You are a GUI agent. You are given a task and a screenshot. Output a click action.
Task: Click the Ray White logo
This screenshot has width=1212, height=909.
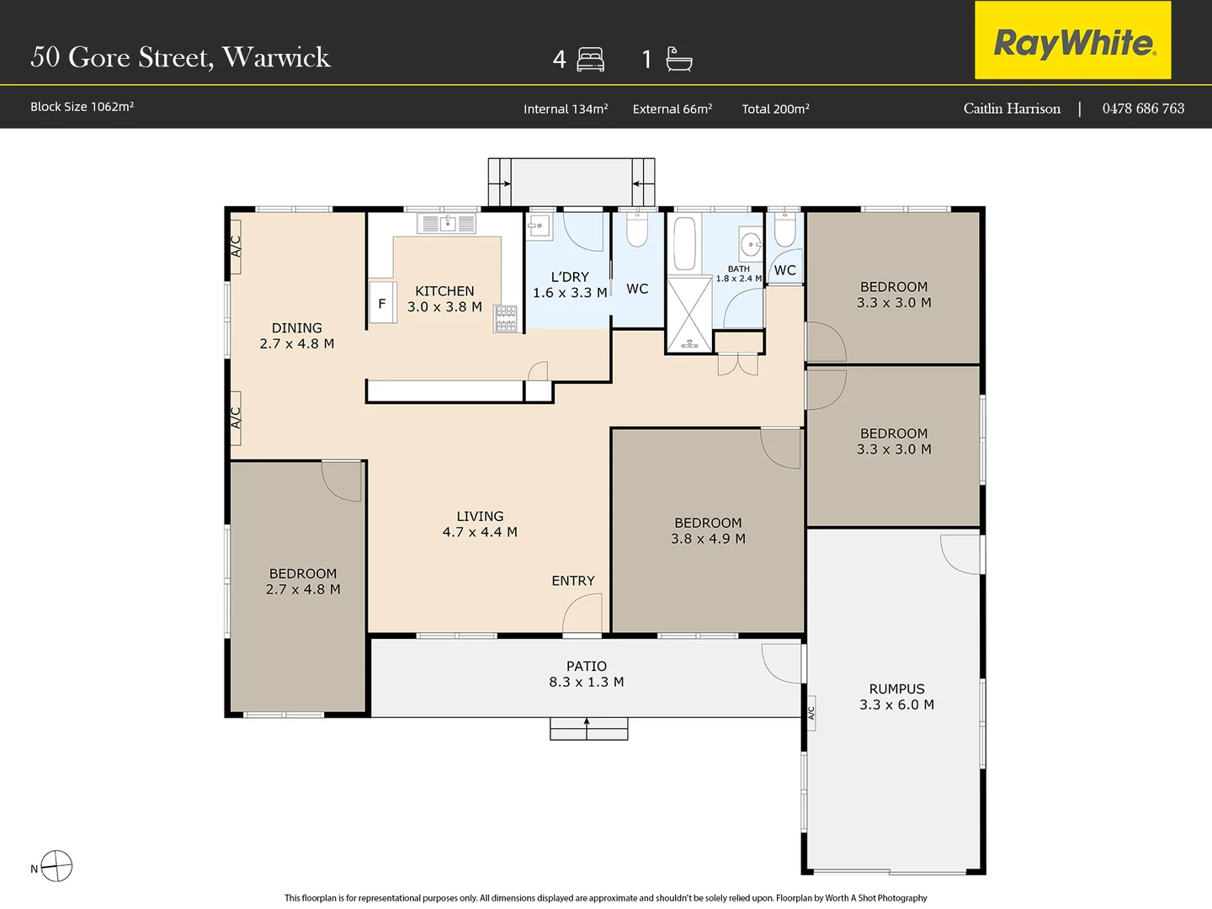pos(1073,40)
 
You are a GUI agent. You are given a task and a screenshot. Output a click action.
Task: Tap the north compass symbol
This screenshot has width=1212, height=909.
pos(56,865)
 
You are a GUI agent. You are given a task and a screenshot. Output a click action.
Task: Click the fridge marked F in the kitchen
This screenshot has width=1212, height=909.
pos(382,302)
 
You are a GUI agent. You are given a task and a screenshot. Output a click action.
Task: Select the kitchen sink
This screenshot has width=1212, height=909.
pos(447,224)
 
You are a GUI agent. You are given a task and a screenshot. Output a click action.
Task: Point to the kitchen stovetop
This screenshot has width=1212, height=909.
pos(506,319)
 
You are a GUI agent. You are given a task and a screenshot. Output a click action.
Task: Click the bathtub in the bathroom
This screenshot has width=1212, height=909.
pos(684,243)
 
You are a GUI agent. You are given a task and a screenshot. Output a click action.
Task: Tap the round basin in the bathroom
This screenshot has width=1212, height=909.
pos(751,243)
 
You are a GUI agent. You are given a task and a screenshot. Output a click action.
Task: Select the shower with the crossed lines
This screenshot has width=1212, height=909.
pos(689,315)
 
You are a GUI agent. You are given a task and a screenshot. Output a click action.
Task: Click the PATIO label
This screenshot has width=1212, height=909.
pos(587,666)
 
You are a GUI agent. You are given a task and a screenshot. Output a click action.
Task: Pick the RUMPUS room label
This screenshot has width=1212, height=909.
pos(896,688)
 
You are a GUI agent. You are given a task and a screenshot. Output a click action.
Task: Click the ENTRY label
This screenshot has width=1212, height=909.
pos(573,581)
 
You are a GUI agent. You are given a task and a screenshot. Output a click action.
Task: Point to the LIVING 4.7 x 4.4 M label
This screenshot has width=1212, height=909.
pos(480,524)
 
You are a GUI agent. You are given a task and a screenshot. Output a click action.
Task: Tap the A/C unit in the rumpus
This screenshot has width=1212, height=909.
pos(811,713)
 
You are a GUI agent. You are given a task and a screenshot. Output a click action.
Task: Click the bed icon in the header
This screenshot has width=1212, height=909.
pos(590,60)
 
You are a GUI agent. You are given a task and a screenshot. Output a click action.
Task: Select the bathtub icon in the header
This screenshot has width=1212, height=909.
pos(678,59)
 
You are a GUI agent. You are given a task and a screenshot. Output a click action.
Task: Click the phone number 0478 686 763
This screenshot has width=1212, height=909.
pos(1143,109)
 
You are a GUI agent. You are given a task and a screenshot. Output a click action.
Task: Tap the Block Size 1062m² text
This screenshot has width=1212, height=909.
pos(82,107)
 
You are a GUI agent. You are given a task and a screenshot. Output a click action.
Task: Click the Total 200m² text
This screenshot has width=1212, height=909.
pos(775,109)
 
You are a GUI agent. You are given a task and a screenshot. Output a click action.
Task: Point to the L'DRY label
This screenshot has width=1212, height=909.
pos(570,277)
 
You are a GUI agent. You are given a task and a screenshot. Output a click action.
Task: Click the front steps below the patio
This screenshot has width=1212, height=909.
pos(588,729)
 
